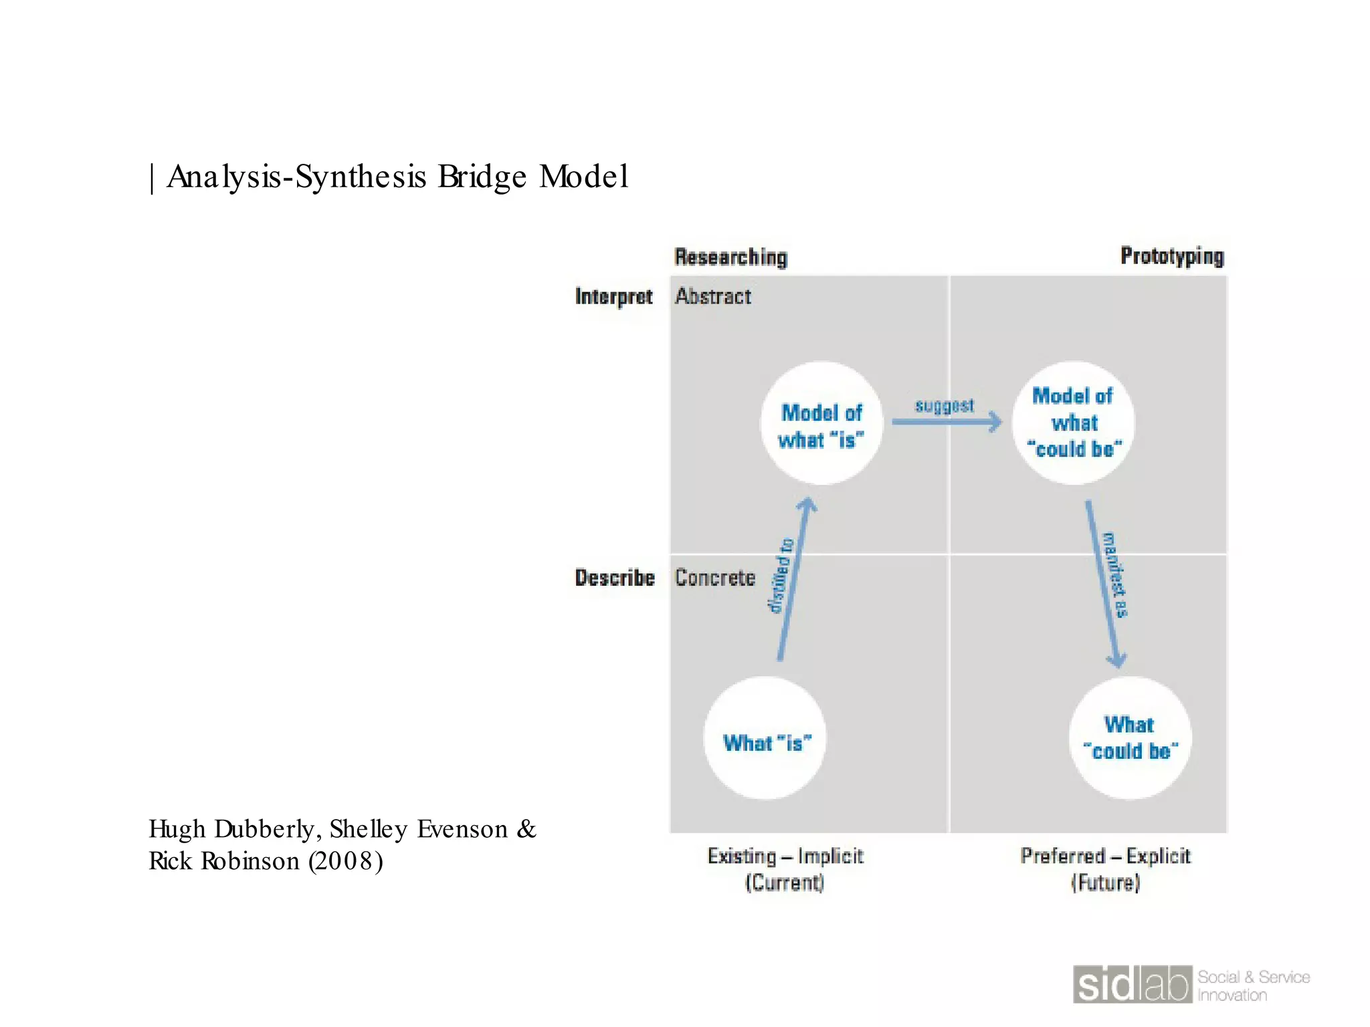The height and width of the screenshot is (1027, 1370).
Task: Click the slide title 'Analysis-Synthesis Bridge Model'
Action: click(x=397, y=177)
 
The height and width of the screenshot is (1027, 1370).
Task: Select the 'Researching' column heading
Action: click(x=730, y=257)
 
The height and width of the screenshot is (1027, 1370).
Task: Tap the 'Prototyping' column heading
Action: click(x=1172, y=256)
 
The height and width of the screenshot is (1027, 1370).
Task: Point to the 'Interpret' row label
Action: click(x=613, y=296)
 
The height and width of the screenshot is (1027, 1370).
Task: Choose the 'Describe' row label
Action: click(x=615, y=578)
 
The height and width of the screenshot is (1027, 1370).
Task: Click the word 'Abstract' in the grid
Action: click(x=713, y=296)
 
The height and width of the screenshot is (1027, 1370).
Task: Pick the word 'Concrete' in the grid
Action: click(x=715, y=578)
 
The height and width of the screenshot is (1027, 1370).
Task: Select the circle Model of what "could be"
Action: click(x=1074, y=423)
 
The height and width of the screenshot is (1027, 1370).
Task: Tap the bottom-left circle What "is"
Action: click(x=765, y=739)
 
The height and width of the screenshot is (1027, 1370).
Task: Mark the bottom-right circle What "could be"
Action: click(x=1131, y=738)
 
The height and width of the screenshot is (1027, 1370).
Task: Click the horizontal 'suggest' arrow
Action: click(x=947, y=421)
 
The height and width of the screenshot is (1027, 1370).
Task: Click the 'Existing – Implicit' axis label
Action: click(x=785, y=856)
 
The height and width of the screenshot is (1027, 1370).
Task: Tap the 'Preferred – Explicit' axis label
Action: click(x=1105, y=856)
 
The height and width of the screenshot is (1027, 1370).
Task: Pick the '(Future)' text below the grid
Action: click(x=1105, y=883)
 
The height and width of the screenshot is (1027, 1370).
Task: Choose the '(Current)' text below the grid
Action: click(x=785, y=883)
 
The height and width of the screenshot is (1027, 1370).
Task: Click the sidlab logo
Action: click(x=1133, y=985)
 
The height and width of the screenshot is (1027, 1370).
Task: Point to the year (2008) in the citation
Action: click(x=346, y=861)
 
